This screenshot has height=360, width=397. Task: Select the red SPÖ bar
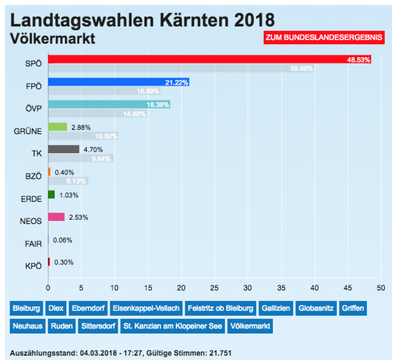[x=209, y=59]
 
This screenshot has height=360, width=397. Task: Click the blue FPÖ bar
[x=118, y=82]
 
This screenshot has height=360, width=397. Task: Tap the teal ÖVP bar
[x=109, y=104]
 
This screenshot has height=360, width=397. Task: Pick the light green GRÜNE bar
[x=57, y=127]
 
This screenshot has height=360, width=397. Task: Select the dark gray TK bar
[x=63, y=149]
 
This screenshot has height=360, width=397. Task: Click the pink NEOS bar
[x=56, y=217]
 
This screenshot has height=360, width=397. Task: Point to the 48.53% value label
[x=359, y=60]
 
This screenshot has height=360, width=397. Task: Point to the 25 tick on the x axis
[x=215, y=287]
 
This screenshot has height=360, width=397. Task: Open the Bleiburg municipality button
[x=26, y=308]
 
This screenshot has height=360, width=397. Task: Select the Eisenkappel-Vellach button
[x=147, y=308]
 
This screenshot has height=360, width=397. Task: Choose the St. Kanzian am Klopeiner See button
[x=171, y=325]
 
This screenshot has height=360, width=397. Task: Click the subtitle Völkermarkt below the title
[x=53, y=38]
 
